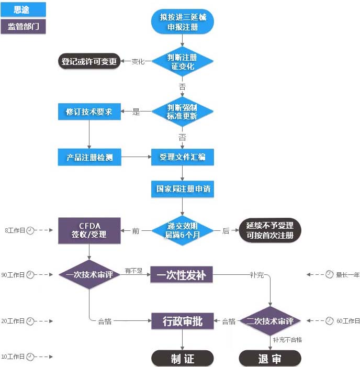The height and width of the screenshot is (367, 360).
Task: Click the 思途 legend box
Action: coord(24,9)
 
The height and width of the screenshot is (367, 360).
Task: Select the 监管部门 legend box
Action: coord(24,27)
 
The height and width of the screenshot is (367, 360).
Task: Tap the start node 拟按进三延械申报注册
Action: coord(183,23)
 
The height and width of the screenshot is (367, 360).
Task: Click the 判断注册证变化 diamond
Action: coord(183,62)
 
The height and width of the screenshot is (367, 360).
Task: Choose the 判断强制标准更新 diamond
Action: coord(183,112)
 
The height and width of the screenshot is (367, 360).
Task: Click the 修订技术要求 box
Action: coord(89,112)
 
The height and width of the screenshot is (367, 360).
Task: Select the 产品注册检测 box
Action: coord(89,157)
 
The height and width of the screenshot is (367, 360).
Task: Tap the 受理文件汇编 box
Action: coord(183,157)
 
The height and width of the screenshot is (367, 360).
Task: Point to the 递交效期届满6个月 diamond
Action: coord(183,230)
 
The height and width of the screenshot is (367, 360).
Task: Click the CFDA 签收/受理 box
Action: coord(89,230)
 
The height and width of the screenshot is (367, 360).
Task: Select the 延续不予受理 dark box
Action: coord(270,230)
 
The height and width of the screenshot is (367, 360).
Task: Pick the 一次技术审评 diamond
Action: coord(89,274)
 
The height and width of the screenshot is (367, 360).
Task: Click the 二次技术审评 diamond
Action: coord(270,321)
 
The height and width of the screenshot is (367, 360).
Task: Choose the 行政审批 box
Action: coord(182,321)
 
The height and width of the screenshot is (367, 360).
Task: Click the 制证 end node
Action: coord(182,358)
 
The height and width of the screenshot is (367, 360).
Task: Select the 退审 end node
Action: coord(270,358)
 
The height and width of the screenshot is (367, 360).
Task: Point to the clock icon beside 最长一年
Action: coord(329,274)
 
